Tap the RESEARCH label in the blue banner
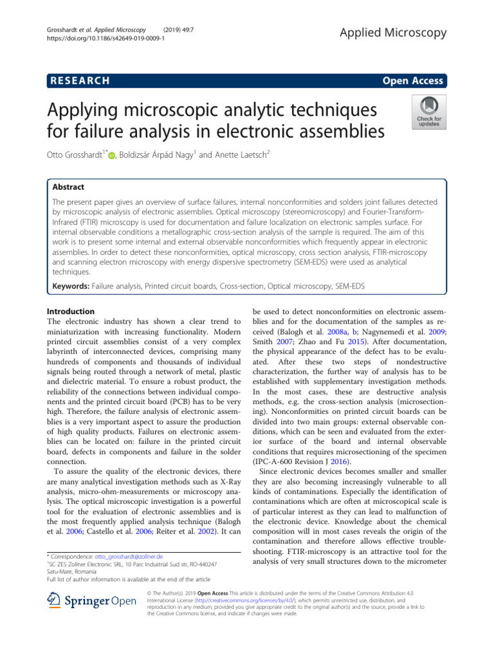(78, 80)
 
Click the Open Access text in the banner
(412, 80)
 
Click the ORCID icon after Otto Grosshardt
(112, 155)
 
